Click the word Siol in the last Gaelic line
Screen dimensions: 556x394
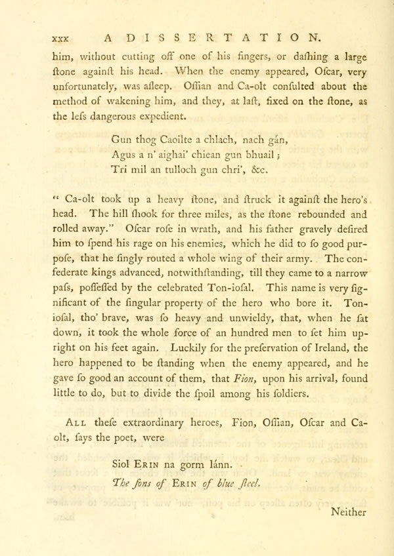(x=122, y=465)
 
